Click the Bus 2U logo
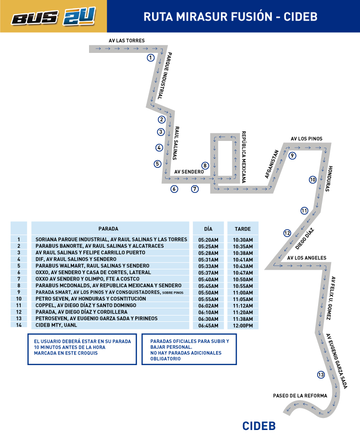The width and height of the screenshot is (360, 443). click(53, 16)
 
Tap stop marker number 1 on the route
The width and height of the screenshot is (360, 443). click(151, 58)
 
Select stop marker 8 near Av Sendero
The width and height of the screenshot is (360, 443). click(205, 165)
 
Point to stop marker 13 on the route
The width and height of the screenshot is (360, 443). click(321, 375)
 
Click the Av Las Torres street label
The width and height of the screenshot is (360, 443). click(127, 41)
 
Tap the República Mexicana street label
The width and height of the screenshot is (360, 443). click(244, 157)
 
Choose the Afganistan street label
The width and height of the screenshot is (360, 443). click(271, 164)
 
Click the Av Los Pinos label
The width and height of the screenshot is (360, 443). click(307, 139)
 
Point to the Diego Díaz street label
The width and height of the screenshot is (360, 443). click(304, 239)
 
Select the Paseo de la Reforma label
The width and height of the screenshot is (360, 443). click(300, 395)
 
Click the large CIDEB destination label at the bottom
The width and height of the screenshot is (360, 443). click(259, 426)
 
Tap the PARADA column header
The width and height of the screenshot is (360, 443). click(108, 228)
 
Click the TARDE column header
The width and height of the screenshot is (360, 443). click(243, 229)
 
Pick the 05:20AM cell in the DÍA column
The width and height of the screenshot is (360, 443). click(208, 240)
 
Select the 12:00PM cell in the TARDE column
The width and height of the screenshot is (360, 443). click(243, 326)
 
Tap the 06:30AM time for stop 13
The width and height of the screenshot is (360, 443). click(208, 319)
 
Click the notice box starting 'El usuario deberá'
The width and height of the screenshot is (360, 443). click(82, 349)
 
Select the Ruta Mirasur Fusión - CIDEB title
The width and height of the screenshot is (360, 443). click(230, 17)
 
